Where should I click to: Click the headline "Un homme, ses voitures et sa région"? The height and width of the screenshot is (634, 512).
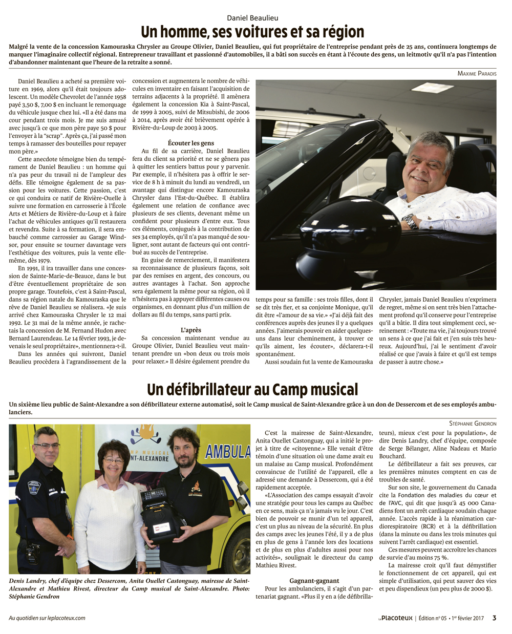click(x=252, y=32)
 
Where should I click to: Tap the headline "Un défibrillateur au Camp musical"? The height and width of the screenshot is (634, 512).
click(x=252, y=390)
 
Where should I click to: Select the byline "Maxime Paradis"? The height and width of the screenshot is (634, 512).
click(x=477, y=73)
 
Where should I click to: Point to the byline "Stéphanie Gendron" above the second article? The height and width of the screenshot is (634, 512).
click(x=473, y=424)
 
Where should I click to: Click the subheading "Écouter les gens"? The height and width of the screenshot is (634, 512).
click(x=191, y=143)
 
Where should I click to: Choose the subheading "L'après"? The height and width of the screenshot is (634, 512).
click(x=191, y=330)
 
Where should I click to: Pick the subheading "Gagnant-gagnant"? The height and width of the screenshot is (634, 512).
click(x=314, y=581)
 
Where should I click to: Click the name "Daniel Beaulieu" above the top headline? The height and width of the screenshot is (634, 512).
click(x=252, y=18)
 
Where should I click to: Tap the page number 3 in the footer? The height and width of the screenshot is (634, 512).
click(x=494, y=618)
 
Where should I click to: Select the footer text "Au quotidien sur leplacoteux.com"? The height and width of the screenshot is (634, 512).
click(x=47, y=618)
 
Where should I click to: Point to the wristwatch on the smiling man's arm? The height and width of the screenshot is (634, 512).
click(x=409, y=221)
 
